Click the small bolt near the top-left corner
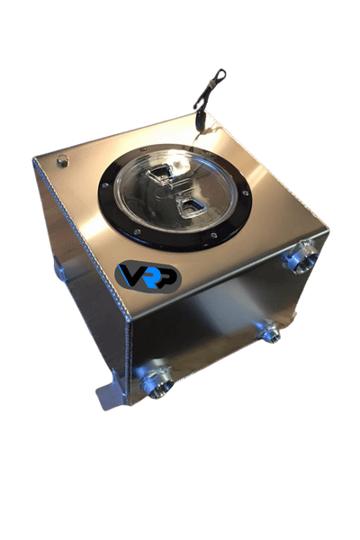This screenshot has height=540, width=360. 62,162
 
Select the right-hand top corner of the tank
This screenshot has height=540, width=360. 326,231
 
